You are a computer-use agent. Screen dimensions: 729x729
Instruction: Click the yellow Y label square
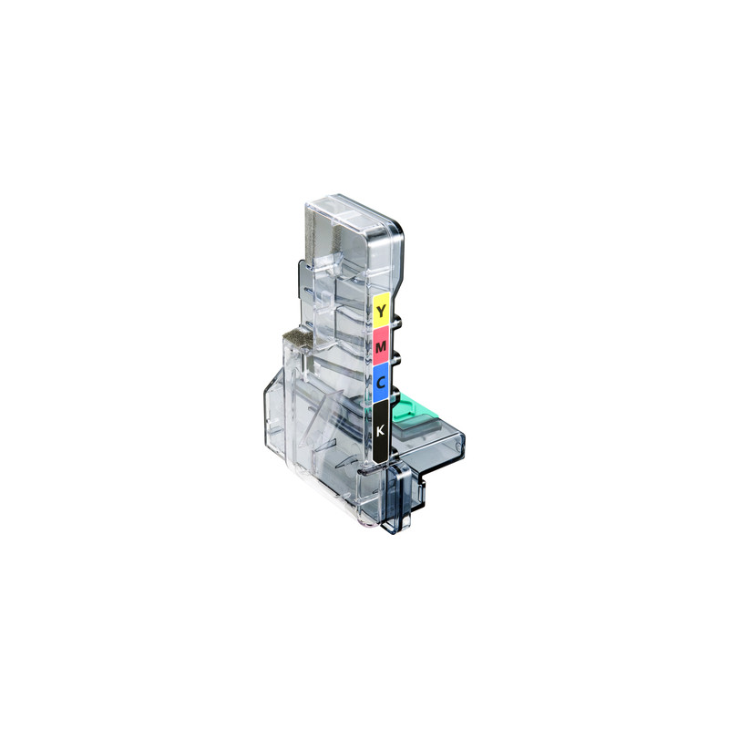pos(382,311)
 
